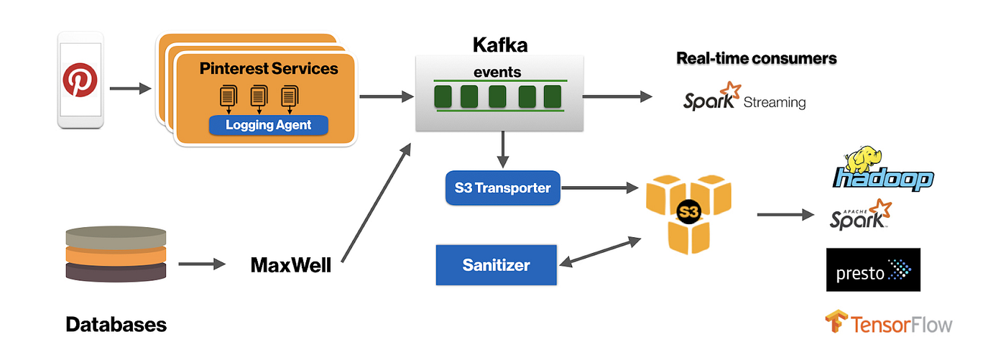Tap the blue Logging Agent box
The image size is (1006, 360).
(268, 125)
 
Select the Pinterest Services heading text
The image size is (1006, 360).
(268, 69)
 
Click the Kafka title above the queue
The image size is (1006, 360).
(499, 45)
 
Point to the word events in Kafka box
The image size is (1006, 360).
(497, 72)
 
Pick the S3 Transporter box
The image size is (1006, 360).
(502, 188)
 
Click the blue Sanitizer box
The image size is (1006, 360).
(496, 265)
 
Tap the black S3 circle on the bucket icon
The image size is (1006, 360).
(688, 213)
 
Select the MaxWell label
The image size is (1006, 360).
(290, 265)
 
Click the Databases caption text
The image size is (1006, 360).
(116, 325)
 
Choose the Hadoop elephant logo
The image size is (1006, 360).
(883, 170)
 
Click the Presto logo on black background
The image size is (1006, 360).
(872, 270)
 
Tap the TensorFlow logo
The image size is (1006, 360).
(888, 323)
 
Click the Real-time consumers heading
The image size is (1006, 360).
(756, 59)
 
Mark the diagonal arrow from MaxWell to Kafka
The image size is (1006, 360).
(375, 203)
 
